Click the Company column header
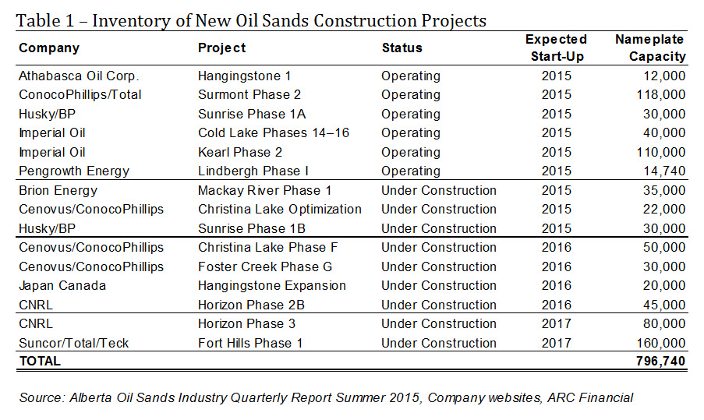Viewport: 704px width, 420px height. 49,48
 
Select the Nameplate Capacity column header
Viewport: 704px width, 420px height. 650,48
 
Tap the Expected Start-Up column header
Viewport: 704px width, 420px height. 557,48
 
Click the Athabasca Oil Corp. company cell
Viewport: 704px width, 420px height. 79,76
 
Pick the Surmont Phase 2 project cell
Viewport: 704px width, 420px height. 249,95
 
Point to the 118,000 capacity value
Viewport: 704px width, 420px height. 661,95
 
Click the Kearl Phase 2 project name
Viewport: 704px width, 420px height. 240,152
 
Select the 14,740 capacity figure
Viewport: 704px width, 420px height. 664,171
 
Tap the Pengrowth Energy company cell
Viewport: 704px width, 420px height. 74,171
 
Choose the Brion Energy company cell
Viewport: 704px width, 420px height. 58,191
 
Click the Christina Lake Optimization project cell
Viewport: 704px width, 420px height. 280,210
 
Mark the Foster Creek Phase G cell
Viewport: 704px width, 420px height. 265,266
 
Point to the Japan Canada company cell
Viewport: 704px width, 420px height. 62,286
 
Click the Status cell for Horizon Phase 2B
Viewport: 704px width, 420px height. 439,305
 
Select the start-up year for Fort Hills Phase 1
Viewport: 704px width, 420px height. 557,344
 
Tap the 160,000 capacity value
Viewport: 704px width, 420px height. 661,344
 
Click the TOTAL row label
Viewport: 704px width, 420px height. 40,362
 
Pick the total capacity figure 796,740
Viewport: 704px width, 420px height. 661,362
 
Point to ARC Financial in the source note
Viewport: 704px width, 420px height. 590,398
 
